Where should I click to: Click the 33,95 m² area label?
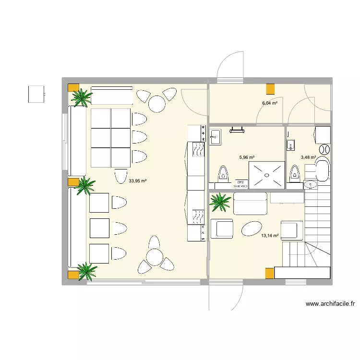click(x=138, y=181)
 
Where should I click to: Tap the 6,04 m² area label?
click(x=270, y=103)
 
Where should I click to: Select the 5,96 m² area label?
click(x=247, y=157)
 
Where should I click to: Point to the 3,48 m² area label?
click(x=308, y=157)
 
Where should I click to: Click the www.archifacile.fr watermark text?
click(x=330, y=304)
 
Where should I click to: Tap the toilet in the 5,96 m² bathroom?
click(x=222, y=174)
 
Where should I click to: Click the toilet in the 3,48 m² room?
click(x=294, y=173)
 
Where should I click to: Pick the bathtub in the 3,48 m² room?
click(x=322, y=171)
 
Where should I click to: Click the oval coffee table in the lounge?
click(x=252, y=228)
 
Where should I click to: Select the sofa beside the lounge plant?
click(x=250, y=204)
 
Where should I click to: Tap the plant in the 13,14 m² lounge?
click(x=221, y=202)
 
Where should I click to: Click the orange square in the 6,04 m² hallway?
click(x=271, y=89)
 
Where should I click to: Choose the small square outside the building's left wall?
click(x=36, y=94)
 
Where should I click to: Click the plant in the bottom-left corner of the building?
click(x=86, y=271)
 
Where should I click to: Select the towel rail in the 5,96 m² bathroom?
click(x=238, y=129)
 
